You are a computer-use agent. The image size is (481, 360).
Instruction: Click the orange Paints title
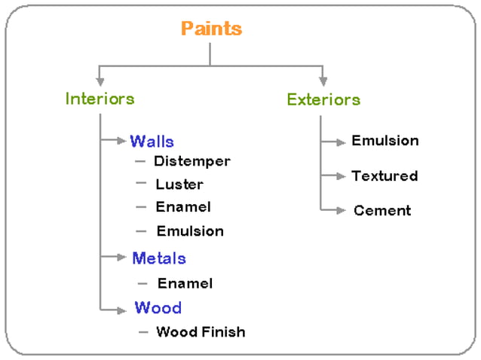(211, 29)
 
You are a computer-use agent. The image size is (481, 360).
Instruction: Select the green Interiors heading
(100, 99)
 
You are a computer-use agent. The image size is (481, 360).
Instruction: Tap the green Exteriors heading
(323, 99)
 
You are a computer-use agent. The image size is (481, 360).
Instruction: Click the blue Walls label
(152, 142)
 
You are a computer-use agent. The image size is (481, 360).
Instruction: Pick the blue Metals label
(158, 258)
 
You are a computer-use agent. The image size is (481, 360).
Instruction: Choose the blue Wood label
(158, 308)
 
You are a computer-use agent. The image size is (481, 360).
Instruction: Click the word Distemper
(191, 161)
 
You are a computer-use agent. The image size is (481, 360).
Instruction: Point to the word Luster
(179, 184)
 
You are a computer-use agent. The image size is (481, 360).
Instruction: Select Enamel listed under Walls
(183, 206)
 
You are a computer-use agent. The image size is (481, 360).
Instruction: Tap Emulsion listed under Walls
(190, 231)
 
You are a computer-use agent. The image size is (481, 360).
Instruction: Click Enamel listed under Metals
(185, 283)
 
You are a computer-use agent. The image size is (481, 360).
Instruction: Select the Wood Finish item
(201, 331)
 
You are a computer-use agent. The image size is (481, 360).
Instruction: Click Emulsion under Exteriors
(384, 141)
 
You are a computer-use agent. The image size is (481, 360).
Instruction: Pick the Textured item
(384, 176)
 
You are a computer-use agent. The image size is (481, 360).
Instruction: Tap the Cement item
(382, 211)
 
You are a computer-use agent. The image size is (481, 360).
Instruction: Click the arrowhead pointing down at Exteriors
(323, 80)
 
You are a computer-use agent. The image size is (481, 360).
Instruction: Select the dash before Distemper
(140, 161)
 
